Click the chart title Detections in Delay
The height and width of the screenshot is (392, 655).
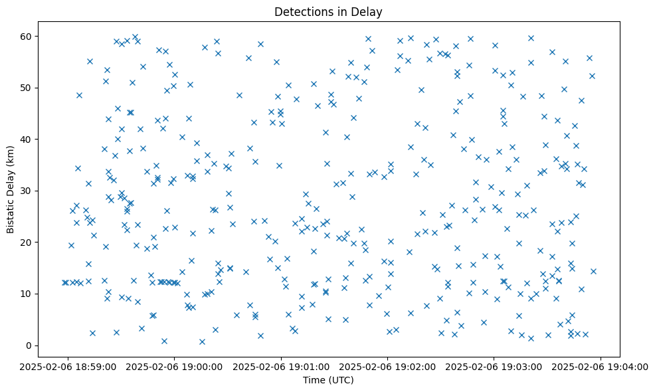[x=328, y=11]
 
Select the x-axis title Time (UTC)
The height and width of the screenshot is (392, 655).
[x=328, y=380]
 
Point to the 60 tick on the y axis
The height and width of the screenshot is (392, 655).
[x=29, y=36]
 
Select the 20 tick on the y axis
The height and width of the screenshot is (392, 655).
[x=29, y=242]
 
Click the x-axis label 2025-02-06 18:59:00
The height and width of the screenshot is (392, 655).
[x=67, y=365]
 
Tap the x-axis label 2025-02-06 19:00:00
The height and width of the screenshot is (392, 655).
[x=174, y=365]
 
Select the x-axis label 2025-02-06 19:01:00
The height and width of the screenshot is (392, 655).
[x=281, y=365]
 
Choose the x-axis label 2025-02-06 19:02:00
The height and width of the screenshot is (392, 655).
[x=388, y=365]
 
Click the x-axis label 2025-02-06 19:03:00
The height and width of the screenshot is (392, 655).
[x=494, y=365]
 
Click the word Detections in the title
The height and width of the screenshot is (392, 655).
[x=302, y=11]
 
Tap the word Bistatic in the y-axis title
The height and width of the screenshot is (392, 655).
[x=11, y=216]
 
